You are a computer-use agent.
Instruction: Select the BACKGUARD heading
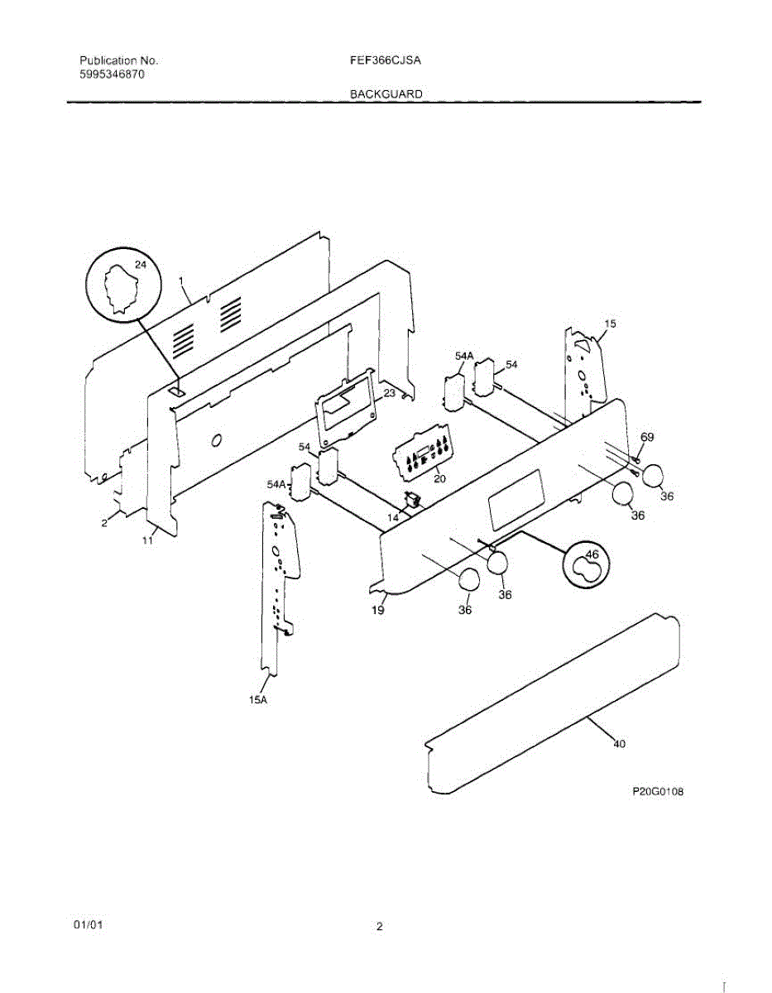click(x=386, y=94)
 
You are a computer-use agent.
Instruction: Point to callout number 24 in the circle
click(x=140, y=266)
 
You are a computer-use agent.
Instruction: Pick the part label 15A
click(x=259, y=700)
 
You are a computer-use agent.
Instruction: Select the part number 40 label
click(x=619, y=743)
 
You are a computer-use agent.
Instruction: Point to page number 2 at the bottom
click(x=380, y=927)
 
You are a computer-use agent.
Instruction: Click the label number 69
click(x=648, y=437)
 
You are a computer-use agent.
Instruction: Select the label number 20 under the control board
click(x=439, y=478)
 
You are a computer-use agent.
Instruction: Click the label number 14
click(x=393, y=516)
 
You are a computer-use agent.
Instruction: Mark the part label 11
click(x=147, y=540)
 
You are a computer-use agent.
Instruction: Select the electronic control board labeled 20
click(x=423, y=454)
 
